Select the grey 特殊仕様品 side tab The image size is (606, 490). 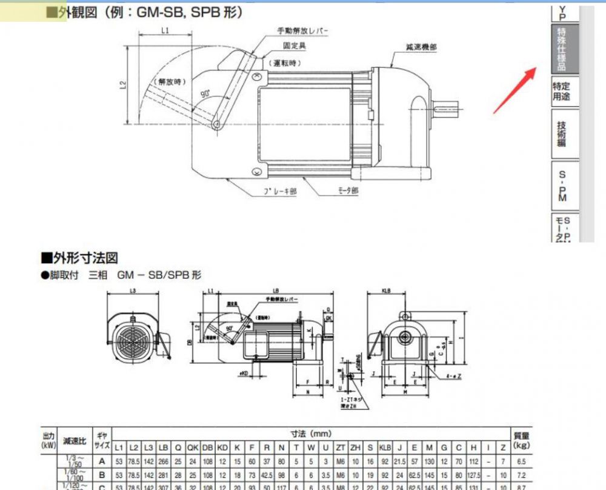coord(564,48)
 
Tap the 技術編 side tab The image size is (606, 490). coord(564,134)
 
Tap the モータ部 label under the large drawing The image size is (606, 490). coord(348,190)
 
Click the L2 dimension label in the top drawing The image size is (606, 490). coord(123,87)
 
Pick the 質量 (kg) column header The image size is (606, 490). coord(521,441)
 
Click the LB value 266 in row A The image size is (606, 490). coord(163,461)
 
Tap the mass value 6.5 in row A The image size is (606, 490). coord(521,461)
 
